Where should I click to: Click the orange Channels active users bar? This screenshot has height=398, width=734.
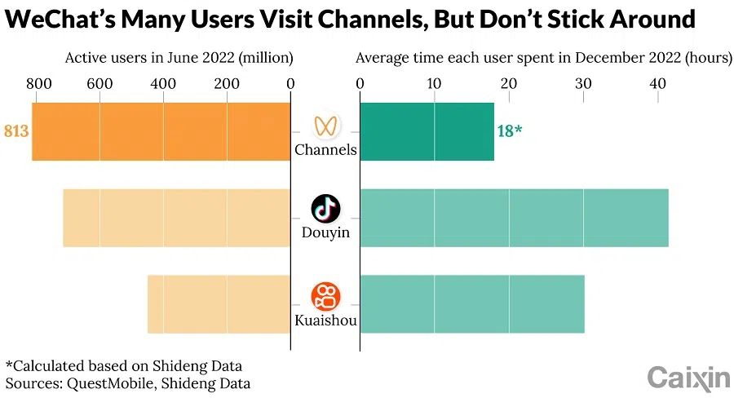point(161,131)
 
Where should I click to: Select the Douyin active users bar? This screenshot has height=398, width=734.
point(176,218)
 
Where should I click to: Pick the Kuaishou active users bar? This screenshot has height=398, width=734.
point(219,304)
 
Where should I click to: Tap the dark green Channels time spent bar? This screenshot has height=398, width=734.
point(427,131)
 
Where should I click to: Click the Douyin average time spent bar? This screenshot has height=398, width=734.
point(514,218)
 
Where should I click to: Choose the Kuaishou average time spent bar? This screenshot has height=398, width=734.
point(472,304)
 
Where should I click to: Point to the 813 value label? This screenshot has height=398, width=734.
point(16,131)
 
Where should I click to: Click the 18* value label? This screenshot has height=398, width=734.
point(509,131)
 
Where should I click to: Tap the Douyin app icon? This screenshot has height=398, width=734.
point(325,209)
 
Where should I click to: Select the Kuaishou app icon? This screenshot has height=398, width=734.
point(325,296)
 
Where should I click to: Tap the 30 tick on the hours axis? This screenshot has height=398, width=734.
point(583,83)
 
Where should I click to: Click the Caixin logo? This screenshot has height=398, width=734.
point(688,377)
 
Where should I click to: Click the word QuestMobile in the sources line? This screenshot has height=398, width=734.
point(103,383)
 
